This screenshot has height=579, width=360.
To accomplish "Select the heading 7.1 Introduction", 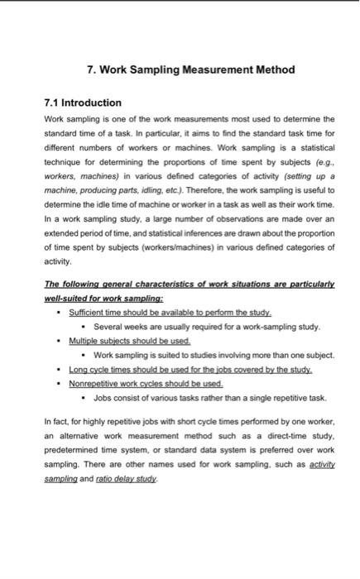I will pos(82,103).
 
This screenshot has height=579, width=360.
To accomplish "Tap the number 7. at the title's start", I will pos(93,69).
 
